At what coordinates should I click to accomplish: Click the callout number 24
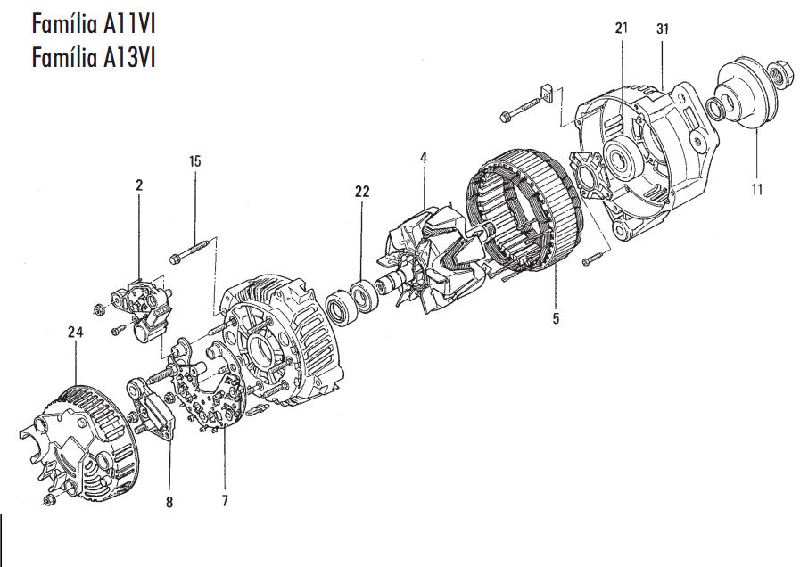[75, 333]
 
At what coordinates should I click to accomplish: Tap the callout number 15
[194, 161]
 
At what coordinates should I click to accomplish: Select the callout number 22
[361, 192]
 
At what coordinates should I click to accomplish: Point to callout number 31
[663, 29]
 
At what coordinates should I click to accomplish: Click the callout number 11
[756, 189]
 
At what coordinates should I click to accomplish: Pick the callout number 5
[556, 318]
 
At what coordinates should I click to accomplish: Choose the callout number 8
[169, 502]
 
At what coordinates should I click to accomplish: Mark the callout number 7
[225, 502]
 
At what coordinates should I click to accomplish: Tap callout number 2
[139, 185]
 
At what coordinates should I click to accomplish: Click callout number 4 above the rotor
[424, 158]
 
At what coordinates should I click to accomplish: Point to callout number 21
[621, 29]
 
